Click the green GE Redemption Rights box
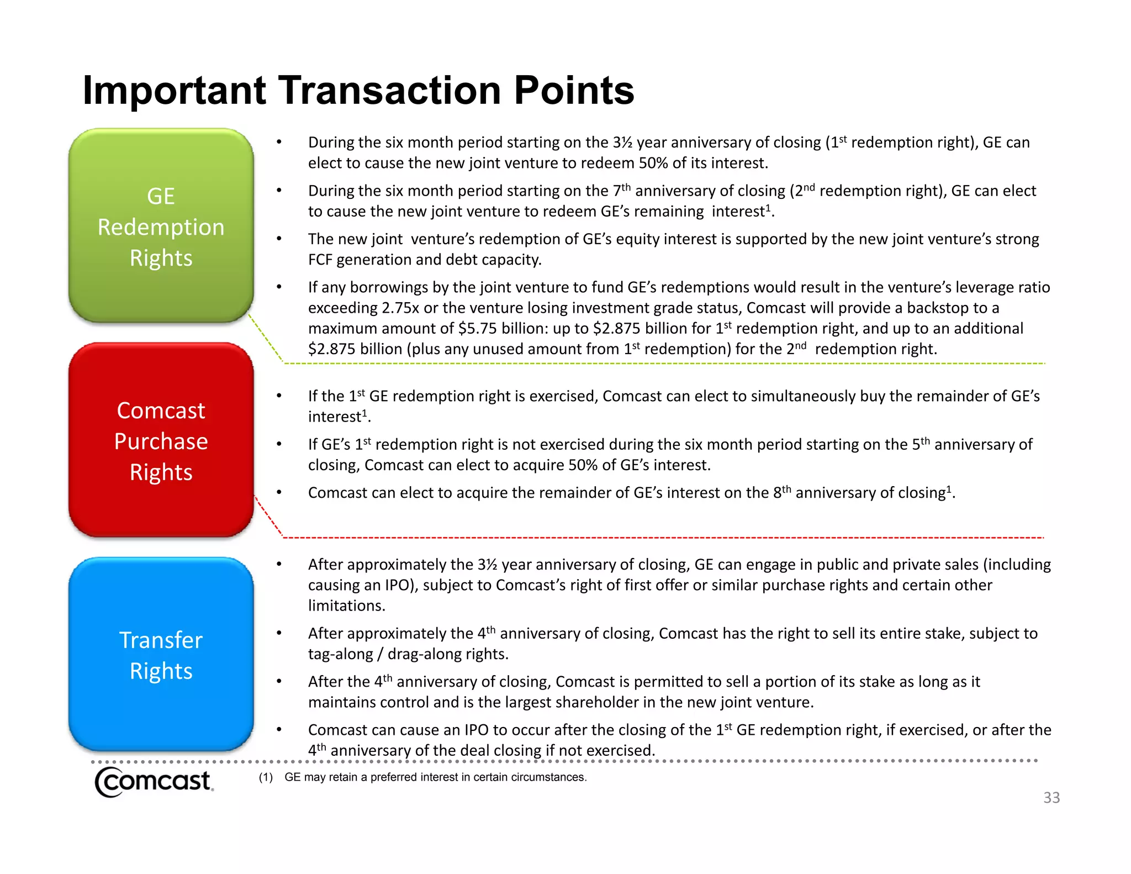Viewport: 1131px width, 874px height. pos(161,227)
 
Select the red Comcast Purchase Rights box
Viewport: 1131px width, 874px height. pos(161,440)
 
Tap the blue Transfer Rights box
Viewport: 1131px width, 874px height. pos(161,655)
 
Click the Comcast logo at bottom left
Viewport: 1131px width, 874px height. pos(154,781)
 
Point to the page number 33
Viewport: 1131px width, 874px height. pos(1051,798)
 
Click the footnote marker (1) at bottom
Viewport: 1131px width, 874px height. pos(266,777)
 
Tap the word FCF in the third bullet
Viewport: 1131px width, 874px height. pos(320,260)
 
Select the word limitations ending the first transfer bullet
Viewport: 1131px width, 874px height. pos(346,606)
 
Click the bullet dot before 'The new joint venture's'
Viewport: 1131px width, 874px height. pos(279,239)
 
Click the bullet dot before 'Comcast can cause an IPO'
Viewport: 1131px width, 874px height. pos(279,730)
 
